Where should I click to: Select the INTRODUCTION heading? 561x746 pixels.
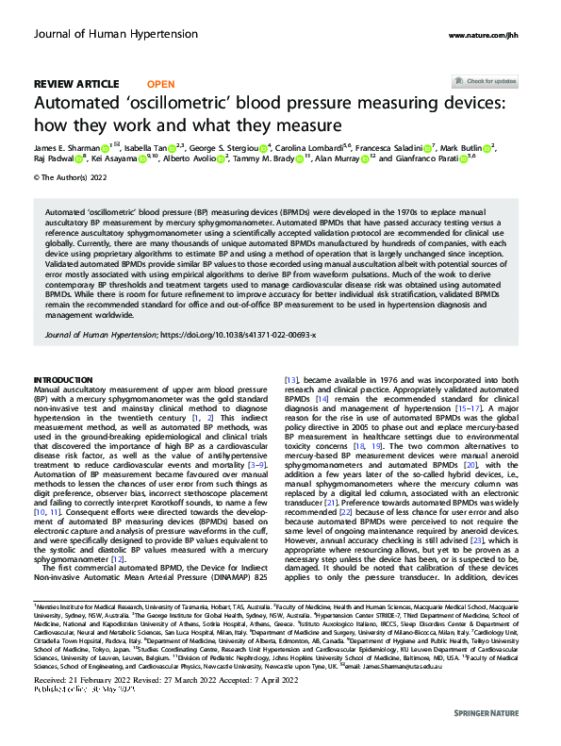(66, 381)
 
